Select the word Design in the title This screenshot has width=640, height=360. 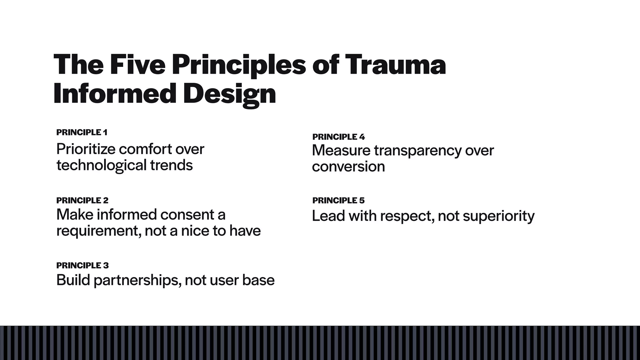click(230, 94)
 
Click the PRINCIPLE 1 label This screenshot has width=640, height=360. click(82, 132)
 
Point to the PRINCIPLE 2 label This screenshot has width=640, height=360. click(82, 200)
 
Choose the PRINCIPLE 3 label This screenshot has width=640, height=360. click(82, 265)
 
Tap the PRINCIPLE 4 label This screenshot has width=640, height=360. click(338, 137)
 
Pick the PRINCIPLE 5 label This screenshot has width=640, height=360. click(338, 200)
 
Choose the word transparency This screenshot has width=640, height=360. click(417, 151)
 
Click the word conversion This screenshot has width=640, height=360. click(348, 167)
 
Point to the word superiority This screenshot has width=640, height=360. click(498, 216)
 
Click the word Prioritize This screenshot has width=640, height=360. click(86, 149)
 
